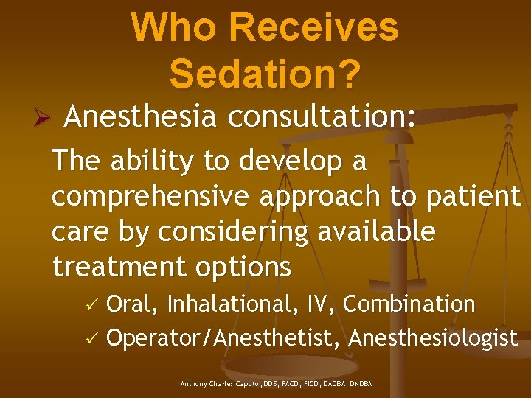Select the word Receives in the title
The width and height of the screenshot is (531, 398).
[314, 28]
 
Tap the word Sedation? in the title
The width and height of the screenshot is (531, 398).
[265, 73]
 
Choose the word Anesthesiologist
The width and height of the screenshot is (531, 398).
[433, 338]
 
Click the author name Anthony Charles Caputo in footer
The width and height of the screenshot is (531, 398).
[221, 384]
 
